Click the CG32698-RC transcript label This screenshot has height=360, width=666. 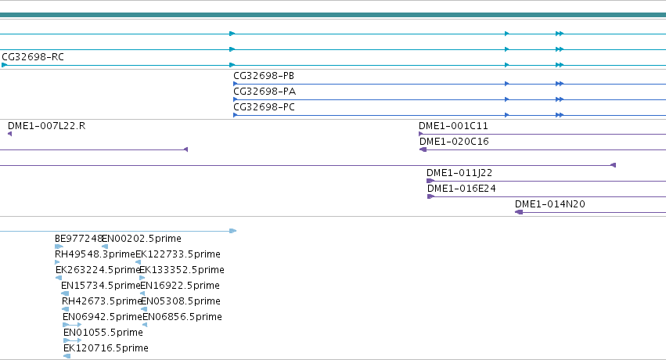[x=33, y=57]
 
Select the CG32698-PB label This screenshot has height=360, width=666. [x=264, y=76]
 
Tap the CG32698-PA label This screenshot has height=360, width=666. [x=265, y=92]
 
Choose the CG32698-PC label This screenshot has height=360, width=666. [x=265, y=107]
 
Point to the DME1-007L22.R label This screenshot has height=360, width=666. [x=47, y=126]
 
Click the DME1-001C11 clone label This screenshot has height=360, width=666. [x=453, y=126]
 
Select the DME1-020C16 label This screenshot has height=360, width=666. [x=454, y=142]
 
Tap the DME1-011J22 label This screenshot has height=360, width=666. [x=459, y=173]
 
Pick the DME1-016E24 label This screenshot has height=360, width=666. [x=462, y=189]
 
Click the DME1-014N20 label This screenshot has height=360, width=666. [x=550, y=204]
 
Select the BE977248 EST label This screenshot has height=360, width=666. [x=78, y=239]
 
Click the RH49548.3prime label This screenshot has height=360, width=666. [x=95, y=254]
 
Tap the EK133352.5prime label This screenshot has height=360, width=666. [x=182, y=270]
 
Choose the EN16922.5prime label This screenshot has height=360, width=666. [x=180, y=286]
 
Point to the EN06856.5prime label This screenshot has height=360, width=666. [x=182, y=317]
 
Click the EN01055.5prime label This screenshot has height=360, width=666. [x=103, y=333]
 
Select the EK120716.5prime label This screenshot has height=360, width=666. [x=106, y=348]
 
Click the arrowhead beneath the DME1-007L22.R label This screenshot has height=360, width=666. [x=9, y=134]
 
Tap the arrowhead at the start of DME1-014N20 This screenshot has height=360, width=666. [x=519, y=212]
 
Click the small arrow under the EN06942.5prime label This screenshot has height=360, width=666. [x=72, y=325]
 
